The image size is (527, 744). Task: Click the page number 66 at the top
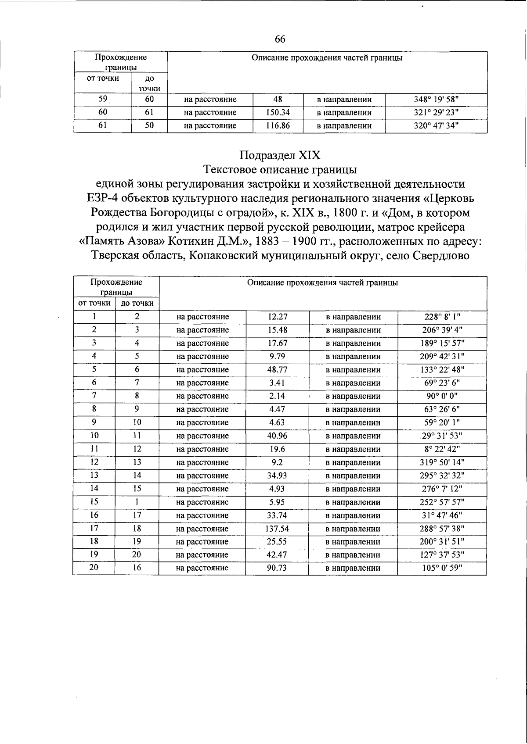tap(280, 39)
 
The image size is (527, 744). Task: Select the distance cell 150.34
tap(278, 113)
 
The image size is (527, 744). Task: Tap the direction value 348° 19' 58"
tap(436, 100)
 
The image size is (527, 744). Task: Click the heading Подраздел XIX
tap(280, 155)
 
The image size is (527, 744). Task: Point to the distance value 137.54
tap(277, 529)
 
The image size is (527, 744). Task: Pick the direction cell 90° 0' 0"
tap(442, 396)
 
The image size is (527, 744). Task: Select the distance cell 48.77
tap(277, 370)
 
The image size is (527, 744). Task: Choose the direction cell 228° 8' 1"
tap(442, 317)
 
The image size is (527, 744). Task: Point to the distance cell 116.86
tap(278, 126)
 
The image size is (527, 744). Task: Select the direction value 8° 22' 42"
tap(442, 449)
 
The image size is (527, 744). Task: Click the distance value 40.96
tap(277, 436)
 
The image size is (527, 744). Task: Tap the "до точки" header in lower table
tap(137, 303)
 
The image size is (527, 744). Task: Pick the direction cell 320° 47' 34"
tap(436, 126)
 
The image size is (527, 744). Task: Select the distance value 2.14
tap(277, 396)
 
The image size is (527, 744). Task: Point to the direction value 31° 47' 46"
tap(442, 515)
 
